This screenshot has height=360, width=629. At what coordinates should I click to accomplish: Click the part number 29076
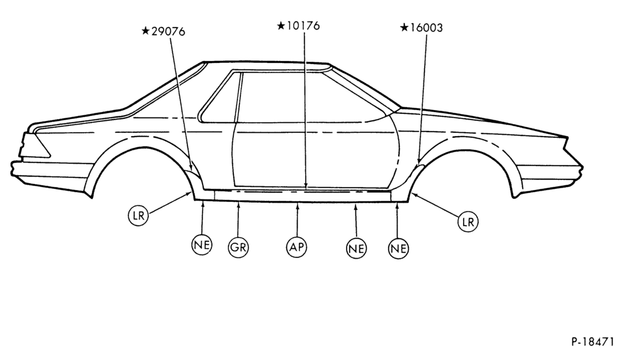[168, 31]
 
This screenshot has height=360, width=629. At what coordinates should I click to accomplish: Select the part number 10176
[303, 26]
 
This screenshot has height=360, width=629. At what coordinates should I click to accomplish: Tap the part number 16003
[426, 28]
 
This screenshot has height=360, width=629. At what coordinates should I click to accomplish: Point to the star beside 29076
[146, 30]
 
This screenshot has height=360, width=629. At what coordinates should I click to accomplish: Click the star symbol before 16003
[404, 27]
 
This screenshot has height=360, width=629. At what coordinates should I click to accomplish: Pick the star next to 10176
[281, 26]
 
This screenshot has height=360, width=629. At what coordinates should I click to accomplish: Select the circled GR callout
[238, 247]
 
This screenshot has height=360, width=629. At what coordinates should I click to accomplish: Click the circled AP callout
[297, 247]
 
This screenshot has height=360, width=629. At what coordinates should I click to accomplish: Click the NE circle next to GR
[202, 244]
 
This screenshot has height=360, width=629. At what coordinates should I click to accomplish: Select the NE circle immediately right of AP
[356, 249]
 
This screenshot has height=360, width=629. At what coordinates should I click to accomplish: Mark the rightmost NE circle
[398, 249]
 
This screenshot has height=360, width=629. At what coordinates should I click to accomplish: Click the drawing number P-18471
[593, 342]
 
